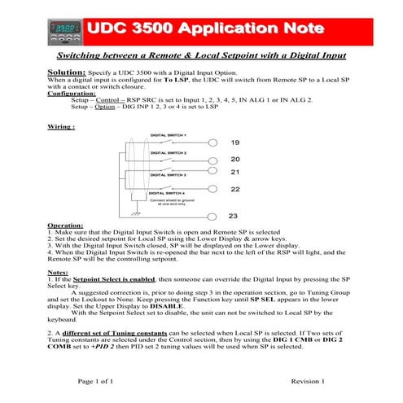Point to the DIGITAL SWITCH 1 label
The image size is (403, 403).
pyautogui.click(x=169, y=134)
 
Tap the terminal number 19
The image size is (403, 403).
pyautogui.click(x=234, y=142)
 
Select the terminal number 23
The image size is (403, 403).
pyautogui.click(x=234, y=217)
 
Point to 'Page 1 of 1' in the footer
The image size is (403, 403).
pyautogui.click(x=95, y=381)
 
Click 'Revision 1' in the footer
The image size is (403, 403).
pyautogui.click(x=308, y=381)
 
